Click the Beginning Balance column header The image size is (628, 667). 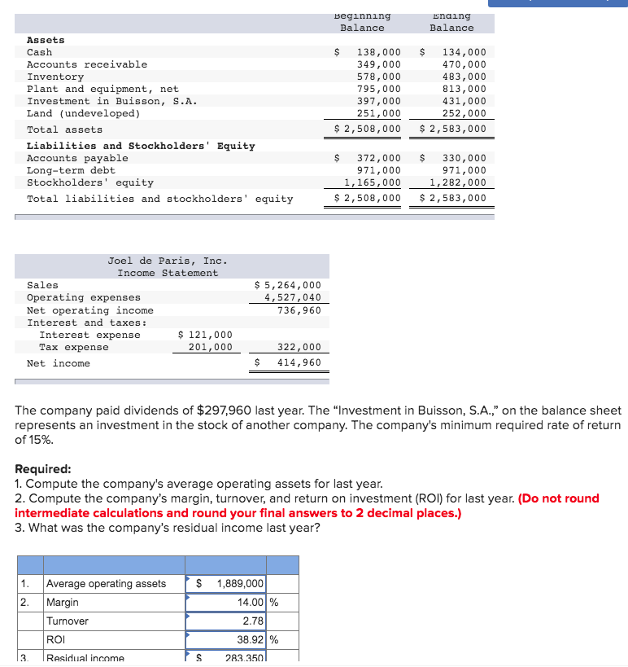tap(362, 22)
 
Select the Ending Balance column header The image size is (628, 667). tap(451, 22)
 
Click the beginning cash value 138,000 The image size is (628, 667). tap(379, 52)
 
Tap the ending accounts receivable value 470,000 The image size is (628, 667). tap(464, 64)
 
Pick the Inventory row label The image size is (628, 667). tap(55, 77)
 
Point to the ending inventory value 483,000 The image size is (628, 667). tap(464, 77)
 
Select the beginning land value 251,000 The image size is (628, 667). tap(379, 113)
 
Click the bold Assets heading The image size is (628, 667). tap(46, 40)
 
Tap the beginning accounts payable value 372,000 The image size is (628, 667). tap(379, 158)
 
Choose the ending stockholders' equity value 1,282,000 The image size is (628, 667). tap(457, 182)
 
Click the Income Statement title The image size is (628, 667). tap(168, 273)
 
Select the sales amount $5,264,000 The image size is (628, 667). tap(288, 285)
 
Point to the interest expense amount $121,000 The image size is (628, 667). tap(205, 335)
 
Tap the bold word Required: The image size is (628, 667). tap(43, 469)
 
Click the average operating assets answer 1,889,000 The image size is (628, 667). tap(239, 584)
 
